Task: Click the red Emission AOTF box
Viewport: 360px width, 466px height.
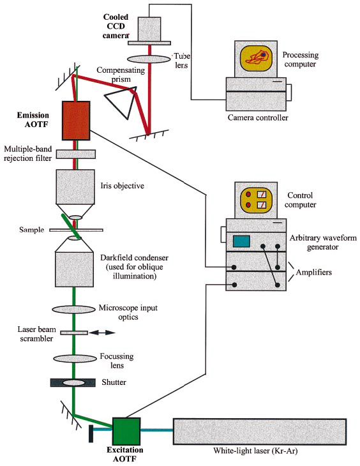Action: tap(76, 121)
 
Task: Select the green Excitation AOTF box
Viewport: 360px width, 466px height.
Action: tap(126, 431)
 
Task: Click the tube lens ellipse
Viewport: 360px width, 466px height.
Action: tap(149, 59)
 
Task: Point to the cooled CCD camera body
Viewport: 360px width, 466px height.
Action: tap(149, 29)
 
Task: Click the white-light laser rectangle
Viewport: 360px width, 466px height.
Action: tap(260, 432)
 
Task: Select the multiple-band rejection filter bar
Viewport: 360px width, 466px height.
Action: tap(76, 154)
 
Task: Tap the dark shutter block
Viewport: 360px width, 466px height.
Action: tap(73, 382)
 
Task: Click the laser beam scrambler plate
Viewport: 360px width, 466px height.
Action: tap(74, 333)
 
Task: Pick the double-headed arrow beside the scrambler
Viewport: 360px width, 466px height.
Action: tap(102, 333)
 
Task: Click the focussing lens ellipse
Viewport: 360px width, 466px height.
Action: tap(75, 358)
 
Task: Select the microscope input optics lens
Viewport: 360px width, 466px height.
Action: tap(74, 310)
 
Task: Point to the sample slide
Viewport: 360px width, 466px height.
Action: tap(76, 230)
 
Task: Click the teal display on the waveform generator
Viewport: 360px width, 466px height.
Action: tap(241, 241)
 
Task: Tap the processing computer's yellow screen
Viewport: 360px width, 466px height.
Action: tap(256, 59)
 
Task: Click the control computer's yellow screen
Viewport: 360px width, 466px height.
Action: tap(256, 200)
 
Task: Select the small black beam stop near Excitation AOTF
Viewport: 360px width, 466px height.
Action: tap(91, 433)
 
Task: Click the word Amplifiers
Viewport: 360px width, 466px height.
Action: tap(313, 272)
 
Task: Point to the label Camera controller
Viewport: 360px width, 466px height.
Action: tap(258, 117)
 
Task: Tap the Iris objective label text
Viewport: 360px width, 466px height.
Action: tap(122, 186)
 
